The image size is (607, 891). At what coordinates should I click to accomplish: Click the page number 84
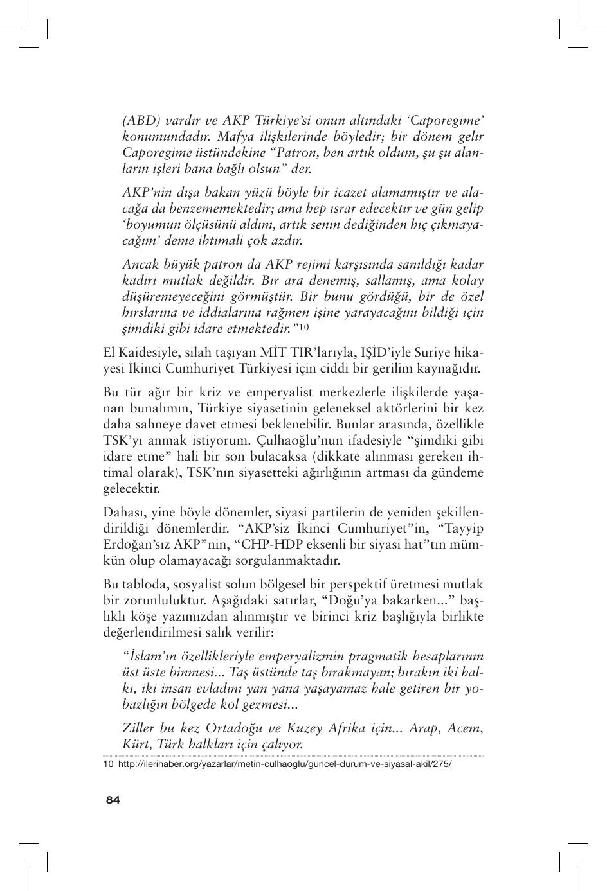[113, 800]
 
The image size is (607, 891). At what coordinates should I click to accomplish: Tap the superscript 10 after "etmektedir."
[304, 328]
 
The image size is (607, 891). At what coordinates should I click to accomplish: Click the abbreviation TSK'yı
[121, 441]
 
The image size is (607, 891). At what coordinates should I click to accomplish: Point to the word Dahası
[122, 513]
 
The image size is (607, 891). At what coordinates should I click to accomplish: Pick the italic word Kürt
[136, 745]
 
